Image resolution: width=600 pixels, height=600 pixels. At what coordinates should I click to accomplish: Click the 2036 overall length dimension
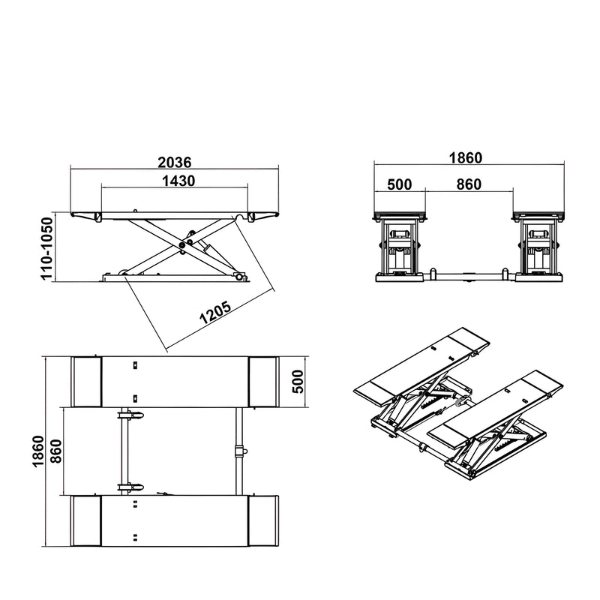[175, 162]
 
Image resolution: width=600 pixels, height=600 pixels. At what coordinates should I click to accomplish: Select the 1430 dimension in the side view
[178, 181]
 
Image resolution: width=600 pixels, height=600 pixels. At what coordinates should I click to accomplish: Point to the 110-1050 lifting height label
[47, 249]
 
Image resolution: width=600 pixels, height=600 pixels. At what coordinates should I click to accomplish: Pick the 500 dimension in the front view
[399, 184]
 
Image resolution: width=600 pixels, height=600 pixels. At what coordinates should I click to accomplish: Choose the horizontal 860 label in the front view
[468, 184]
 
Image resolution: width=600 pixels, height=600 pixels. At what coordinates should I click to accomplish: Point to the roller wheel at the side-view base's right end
[240, 278]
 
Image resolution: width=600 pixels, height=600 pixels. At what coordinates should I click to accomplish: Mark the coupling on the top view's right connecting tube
[240, 450]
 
